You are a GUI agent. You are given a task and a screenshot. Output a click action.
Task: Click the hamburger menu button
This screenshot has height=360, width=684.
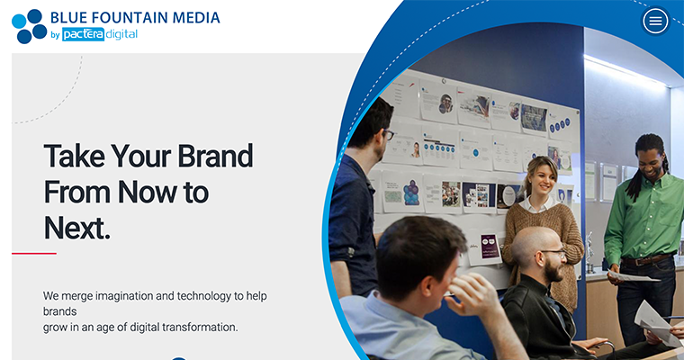pyautogui.click(x=655, y=21)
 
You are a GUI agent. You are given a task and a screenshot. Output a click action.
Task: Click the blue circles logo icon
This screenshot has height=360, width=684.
pyautogui.click(x=29, y=25)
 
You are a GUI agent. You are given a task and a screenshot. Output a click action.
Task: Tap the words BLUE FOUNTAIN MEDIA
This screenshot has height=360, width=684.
pyautogui.click(x=135, y=16)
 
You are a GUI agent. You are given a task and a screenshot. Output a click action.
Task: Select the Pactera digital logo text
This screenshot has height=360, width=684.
pyautogui.click(x=99, y=34)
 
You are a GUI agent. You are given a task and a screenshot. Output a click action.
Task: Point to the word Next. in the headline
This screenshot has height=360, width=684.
pyautogui.click(x=76, y=227)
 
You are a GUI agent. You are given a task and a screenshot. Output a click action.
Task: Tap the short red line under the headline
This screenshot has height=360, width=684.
pyautogui.click(x=33, y=253)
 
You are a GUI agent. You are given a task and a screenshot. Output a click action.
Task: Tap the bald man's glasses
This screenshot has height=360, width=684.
pyautogui.click(x=551, y=253)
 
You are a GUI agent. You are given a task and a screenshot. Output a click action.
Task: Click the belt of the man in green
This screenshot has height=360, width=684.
pyautogui.click(x=646, y=260)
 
